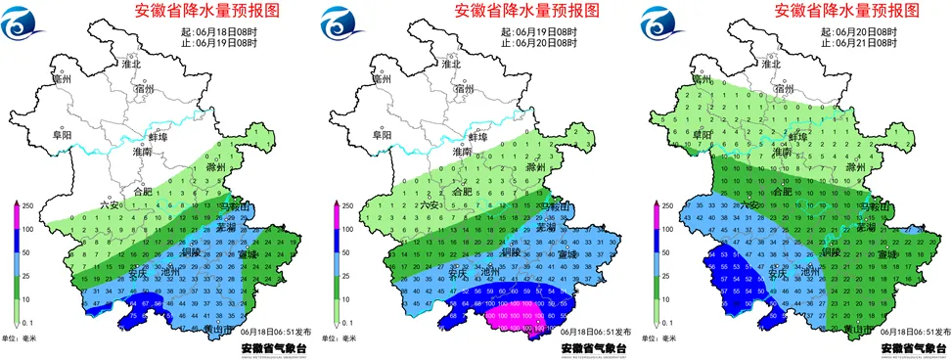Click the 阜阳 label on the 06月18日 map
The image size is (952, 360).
(62, 135)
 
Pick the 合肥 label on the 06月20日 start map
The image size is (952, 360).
(782, 192)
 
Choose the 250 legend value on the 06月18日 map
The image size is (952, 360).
(29, 206)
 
